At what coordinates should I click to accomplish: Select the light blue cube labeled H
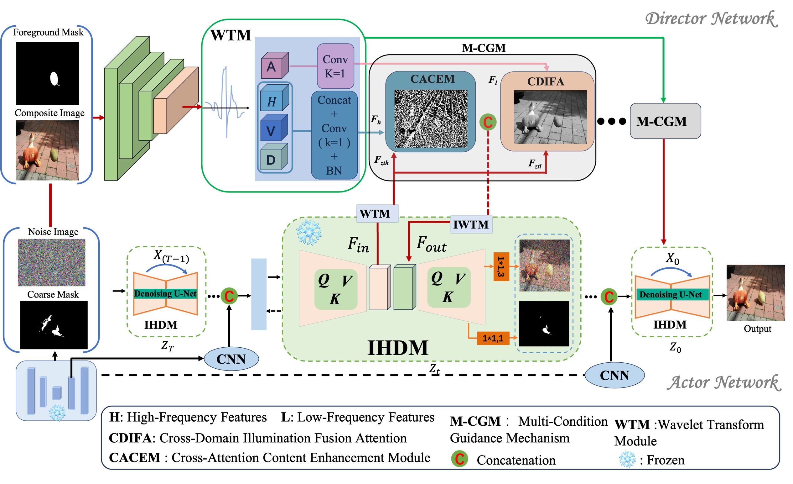pyautogui.click(x=273, y=98)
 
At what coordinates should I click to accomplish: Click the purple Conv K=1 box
pyautogui.click(x=335, y=66)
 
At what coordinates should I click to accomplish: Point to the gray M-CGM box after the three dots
pyautogui.click(x=665, y=121)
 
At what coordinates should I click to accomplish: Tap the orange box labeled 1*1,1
pyautogui.click(x=492, y=338)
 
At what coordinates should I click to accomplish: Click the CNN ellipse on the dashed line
pyautogui.click(x=614, y=375)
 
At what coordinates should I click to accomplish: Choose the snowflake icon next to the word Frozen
pyautogui.click(x=627, y=459)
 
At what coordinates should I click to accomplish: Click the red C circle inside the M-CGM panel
pyautogui.click(x=488, y=122)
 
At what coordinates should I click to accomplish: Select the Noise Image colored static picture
pyautogui.click(x=51, y=262)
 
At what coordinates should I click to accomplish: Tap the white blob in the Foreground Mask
pyautogui.click(x=54, y=78)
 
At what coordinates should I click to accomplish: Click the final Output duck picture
pyautogui.click(x=755, y=292)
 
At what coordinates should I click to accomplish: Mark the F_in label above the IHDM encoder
pyautogui.click(x=358, y=245)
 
